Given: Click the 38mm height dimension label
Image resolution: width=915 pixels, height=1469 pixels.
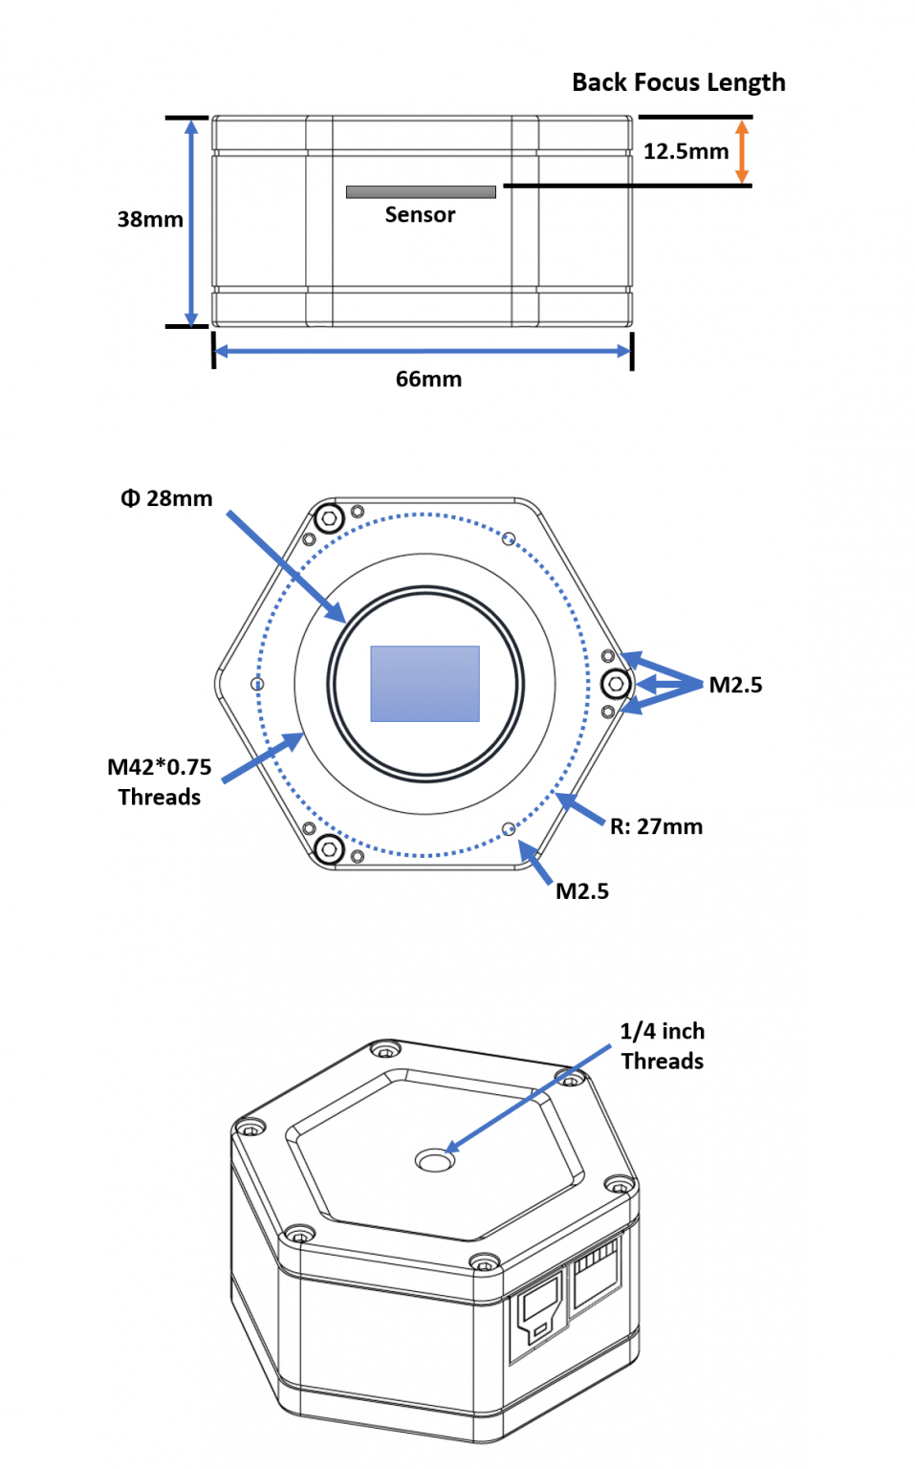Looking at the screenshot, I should pos(150,219).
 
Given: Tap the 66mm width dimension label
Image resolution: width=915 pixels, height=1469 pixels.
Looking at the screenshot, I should pos(428,380).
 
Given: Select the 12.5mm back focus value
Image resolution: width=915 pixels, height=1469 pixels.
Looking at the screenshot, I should pos(686,151).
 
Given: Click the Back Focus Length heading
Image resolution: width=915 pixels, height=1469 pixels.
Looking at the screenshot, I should pos(678,83).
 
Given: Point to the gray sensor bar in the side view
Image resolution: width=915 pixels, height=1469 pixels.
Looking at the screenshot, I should pos(421,192).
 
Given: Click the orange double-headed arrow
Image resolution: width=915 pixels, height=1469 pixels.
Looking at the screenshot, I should pos(741,151).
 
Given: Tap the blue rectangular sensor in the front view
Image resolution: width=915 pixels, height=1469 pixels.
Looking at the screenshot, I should pos(425,684).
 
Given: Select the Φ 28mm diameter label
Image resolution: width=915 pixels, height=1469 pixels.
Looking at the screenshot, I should pos(166,499).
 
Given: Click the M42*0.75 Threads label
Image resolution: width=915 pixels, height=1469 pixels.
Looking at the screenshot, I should pos(160,781).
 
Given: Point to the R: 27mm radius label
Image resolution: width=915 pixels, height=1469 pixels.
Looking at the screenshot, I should pos(656,826).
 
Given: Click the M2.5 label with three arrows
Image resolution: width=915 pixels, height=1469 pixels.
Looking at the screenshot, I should pos(735,685).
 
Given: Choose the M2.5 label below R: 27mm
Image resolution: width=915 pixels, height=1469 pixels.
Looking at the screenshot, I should pos(582,891).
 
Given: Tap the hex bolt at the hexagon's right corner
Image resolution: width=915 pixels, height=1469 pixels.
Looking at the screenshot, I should pos(616,684).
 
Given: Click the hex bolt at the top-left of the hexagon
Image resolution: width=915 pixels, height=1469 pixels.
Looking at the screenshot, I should pos(330,518).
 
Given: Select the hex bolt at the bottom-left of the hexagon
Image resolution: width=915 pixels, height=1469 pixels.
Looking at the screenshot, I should pos(329,848).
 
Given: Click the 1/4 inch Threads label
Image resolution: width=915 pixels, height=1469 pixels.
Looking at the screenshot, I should pos(662,1045).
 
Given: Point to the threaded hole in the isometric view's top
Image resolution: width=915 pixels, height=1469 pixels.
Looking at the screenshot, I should pos(435,1161).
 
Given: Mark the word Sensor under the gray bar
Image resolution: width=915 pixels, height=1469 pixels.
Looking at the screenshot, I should pos(420,215).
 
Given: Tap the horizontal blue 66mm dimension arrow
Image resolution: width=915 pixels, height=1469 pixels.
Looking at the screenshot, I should pos(422,351).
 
